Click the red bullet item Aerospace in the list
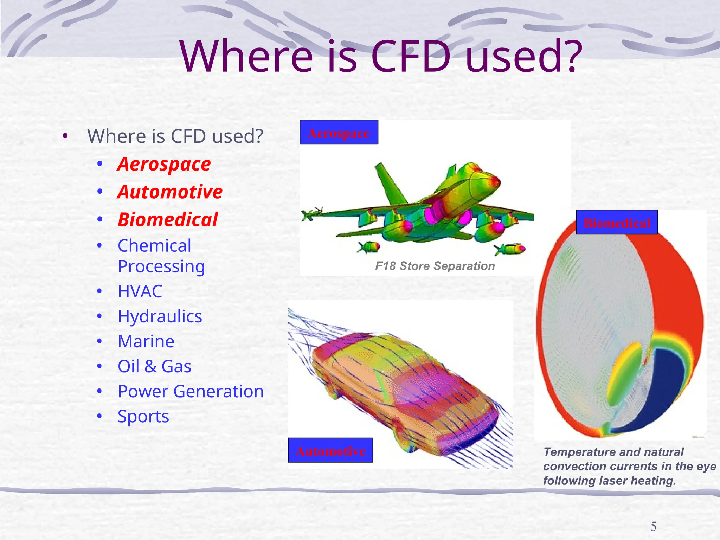coord(164,164)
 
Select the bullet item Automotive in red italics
coord(170,192)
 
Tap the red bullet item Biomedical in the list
coord(168,220)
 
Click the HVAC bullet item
coord(140,291)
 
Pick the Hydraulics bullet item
coord(160,316)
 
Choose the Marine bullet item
coord(146,341)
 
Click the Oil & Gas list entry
coord(154,366)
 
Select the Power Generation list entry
coord(191,391)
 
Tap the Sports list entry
coord(143,417)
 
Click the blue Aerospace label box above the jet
coord(339,133)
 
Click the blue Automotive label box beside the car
coord(330,450)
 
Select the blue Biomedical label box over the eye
coord(617,223)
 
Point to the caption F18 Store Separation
coord(435,266)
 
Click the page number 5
coord(653,526)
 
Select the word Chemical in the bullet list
coord(154,246)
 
